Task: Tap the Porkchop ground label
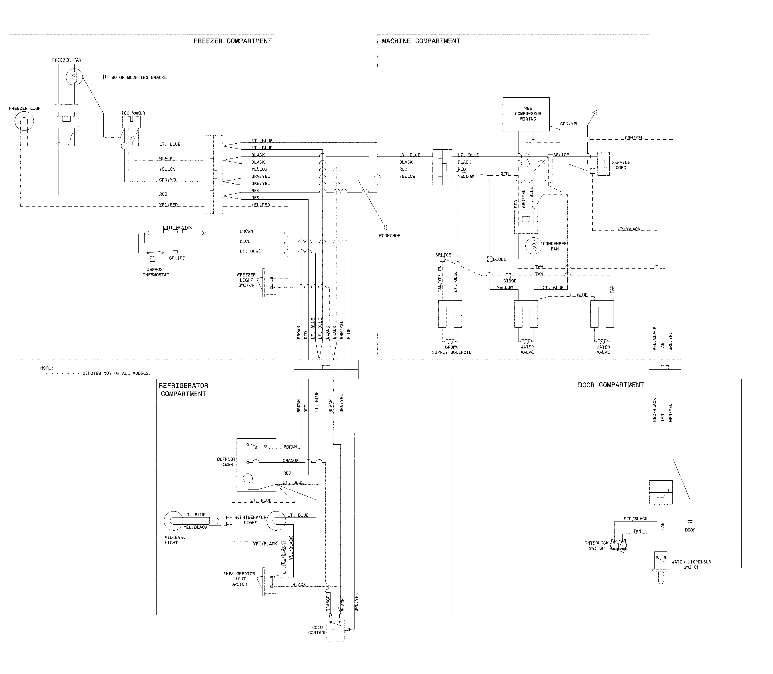pyautogui.click(x=390, y=235)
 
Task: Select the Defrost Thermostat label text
pyautogui.click(x=156, y=272)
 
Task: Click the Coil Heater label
pyautogui.click(x=177, y=228)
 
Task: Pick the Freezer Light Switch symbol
pyautogui.click(x=269, y=283)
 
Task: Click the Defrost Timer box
pyautogui.click(x=256, y=465)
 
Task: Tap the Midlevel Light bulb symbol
pyautogui.click(x=174, y=521)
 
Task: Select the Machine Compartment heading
pyautogui.click(x=420, y=41)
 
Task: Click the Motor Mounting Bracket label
pyautogui.click(x=140, y=77)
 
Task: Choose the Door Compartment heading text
pyautogui.click(x=610, y=385)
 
